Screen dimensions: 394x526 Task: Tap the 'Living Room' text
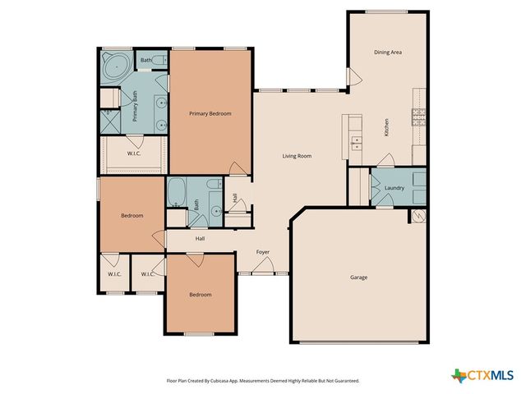(x=297, y=156)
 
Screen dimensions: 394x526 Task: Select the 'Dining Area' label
(x=387, y=53)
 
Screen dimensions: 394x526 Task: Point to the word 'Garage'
(x=358, y=277)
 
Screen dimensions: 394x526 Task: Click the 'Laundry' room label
(x=394, y=189)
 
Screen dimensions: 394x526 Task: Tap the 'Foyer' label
(x=262, y=252)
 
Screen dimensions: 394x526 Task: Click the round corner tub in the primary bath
(x=116, y=64)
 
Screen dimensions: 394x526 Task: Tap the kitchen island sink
(x=355, y=142)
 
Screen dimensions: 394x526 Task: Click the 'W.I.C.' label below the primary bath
(x=134, y=153)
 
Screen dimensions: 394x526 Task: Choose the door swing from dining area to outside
(x=354, y=77)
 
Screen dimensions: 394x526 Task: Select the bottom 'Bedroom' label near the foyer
(x=200, y=295)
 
